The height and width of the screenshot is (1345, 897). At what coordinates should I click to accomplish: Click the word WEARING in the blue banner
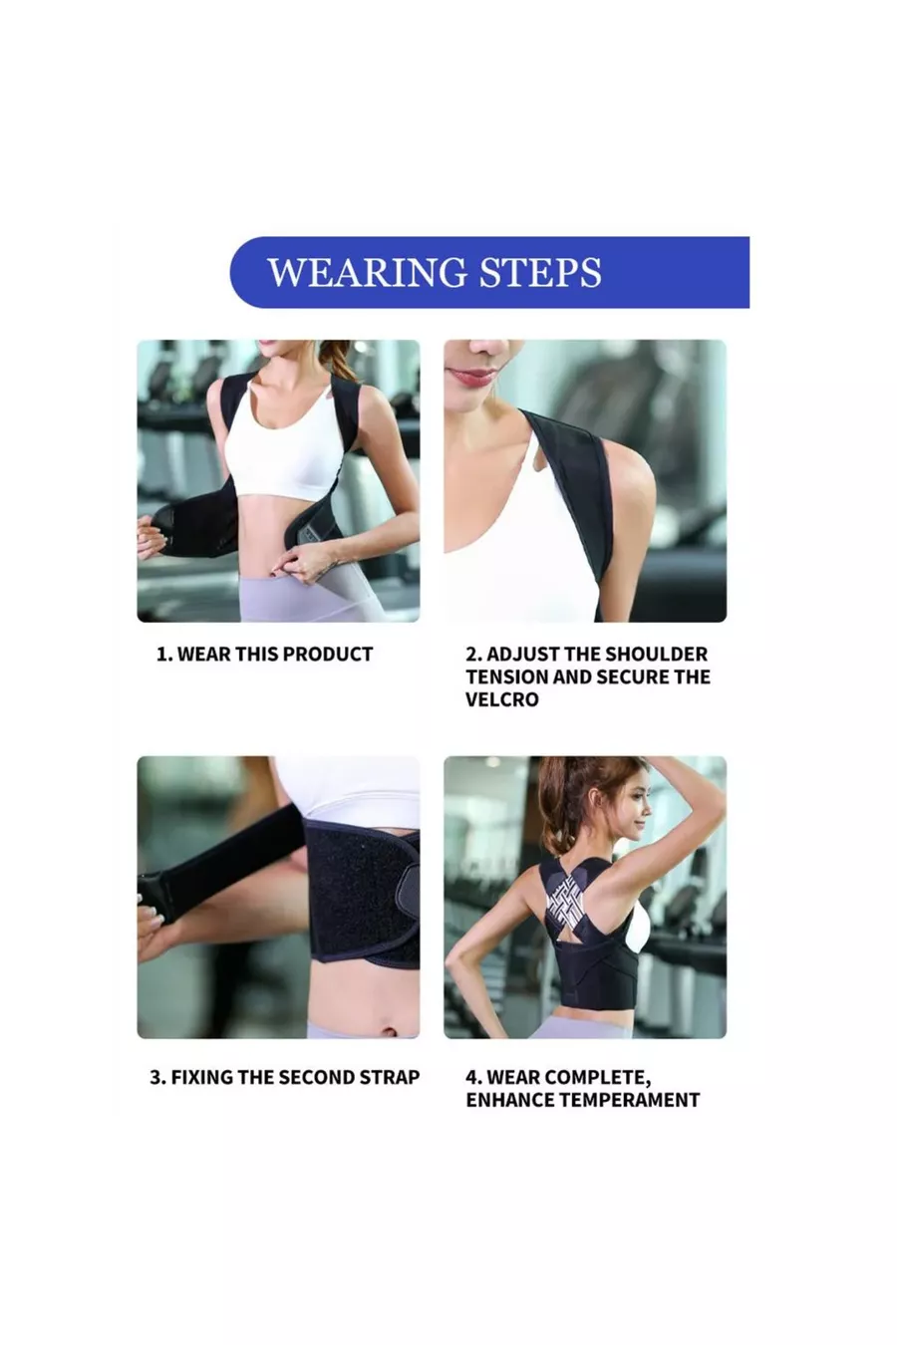coord(367,273)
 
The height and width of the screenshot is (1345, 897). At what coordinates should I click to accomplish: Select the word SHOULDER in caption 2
coord(656,654)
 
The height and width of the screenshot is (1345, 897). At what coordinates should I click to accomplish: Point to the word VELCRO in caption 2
coord(502,699)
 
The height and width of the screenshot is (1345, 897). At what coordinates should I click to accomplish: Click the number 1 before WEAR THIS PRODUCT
coord(162,654)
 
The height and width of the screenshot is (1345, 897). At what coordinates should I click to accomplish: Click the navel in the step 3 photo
coord(390,1032)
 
